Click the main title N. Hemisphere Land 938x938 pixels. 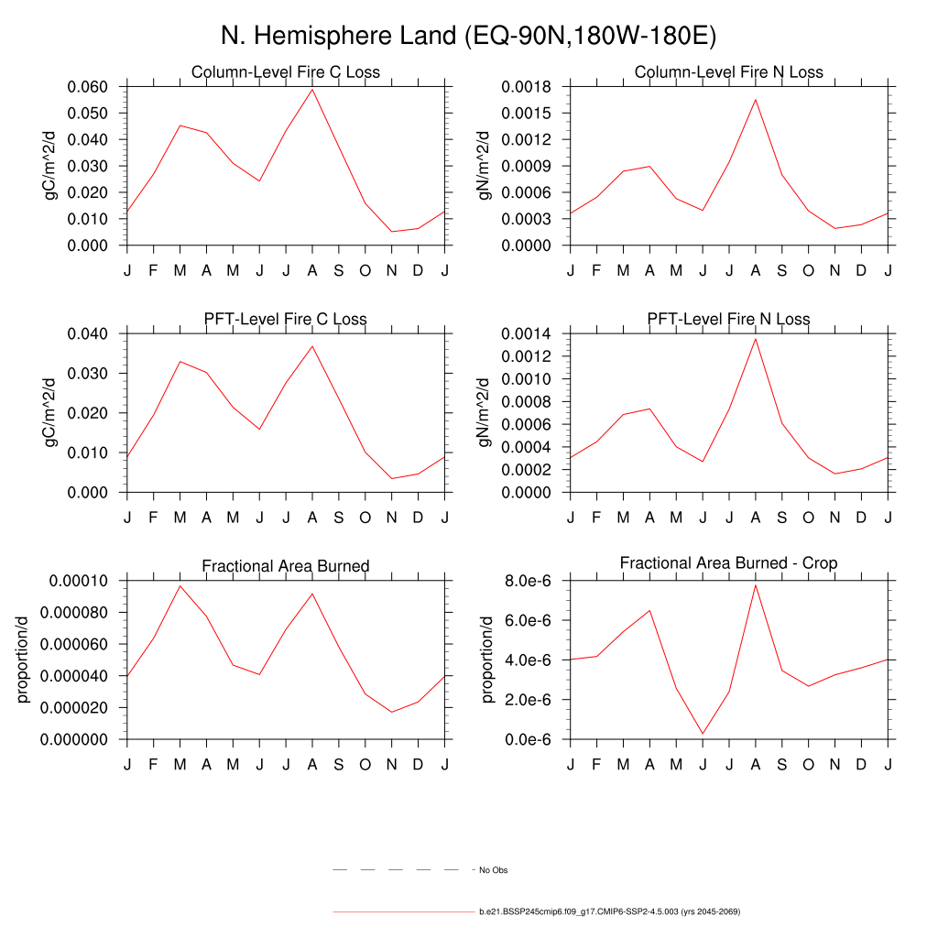468,36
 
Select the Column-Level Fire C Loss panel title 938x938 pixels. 285,72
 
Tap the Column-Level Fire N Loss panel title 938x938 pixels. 728,72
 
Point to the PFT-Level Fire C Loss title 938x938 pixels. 285,320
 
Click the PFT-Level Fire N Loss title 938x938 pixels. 728,320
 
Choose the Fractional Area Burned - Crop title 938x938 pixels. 728,562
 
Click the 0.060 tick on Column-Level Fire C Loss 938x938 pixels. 88,87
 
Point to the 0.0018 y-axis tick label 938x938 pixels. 525,87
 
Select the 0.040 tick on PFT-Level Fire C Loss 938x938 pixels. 88,333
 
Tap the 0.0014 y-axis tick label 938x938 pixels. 525,333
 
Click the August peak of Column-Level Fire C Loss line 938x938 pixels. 312,89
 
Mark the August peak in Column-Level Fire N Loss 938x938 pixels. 756,99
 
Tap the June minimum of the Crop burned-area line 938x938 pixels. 703,734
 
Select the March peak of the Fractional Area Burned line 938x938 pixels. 180,585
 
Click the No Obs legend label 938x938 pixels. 493,870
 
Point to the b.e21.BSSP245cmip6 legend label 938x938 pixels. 608,912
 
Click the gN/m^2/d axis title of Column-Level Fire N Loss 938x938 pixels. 484,166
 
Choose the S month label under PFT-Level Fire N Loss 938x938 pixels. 782,518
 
